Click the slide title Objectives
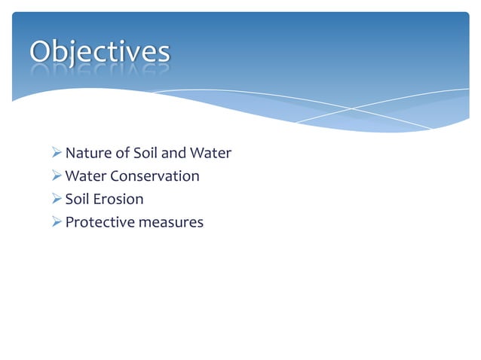pos(100,52)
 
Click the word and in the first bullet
pos(174,154)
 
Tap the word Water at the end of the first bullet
pos(210,154)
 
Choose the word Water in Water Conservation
pos(86,176)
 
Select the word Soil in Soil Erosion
pos(77,200)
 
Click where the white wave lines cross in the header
pos(351,109)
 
